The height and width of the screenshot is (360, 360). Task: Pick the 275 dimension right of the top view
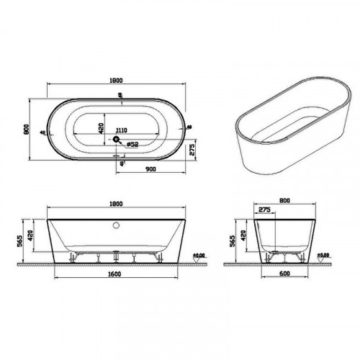point(192,150)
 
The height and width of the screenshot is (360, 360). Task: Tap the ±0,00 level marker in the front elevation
point(201,255)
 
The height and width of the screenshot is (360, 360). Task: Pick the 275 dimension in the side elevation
point(264,210)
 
